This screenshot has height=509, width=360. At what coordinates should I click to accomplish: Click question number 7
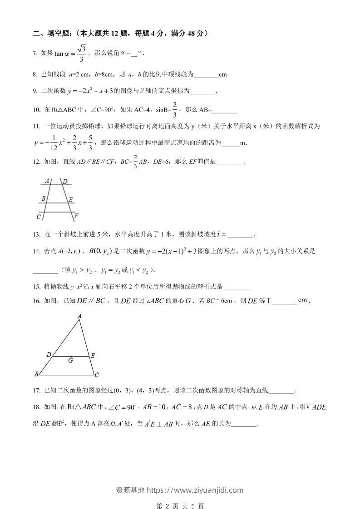tap(35, 54)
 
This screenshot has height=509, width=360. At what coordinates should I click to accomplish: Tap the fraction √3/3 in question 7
tap(81, 53)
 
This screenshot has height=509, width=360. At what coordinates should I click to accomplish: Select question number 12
tap(36, 162)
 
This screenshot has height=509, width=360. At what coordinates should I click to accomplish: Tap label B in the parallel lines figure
tap(43, 198)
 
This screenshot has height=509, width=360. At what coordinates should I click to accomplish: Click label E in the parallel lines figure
tap(71, 200)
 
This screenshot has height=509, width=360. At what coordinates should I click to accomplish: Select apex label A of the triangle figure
tap(79, 316)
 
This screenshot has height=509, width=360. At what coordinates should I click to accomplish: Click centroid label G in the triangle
tap(70, 361)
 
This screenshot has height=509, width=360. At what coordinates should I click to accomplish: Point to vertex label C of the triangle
tap(97, 375)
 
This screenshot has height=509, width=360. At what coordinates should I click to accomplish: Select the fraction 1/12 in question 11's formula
tap(53, 143)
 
